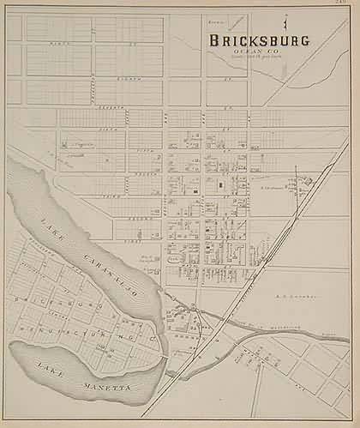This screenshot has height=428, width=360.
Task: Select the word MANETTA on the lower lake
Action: [x=94, y=388]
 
